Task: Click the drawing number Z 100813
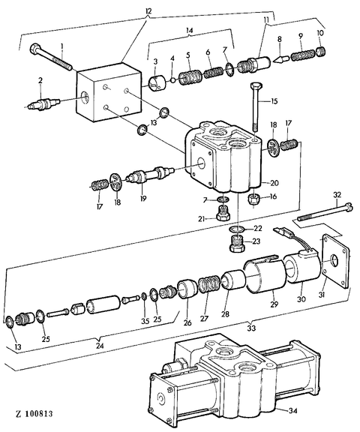(34, 413)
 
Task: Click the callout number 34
(292, 411)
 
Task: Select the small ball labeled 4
(172, 80)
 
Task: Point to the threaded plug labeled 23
(237, 243)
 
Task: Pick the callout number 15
(274, 102)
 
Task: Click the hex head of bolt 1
(35, 49)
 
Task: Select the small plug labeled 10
(321, 52)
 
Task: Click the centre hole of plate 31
(334, 260)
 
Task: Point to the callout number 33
(251, 328)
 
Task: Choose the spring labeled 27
(209, 284)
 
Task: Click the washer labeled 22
(237, 229)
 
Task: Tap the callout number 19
(143, 198)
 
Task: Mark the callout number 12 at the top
(148, 11)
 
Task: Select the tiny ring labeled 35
(144, 296)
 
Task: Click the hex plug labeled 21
(223, 213)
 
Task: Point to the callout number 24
(100, 346)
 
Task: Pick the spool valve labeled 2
(43, 103)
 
